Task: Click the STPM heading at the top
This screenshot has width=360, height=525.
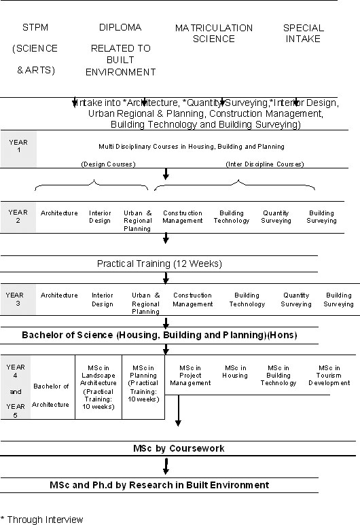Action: (35, 28)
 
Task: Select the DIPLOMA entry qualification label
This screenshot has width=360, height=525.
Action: (120, 28)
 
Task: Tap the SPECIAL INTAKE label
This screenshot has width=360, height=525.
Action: (303, 33)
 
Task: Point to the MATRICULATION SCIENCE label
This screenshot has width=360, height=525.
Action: (214, 33)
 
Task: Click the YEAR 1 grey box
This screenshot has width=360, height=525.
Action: (18, 145)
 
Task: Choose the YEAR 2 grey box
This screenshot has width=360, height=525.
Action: (18, 217)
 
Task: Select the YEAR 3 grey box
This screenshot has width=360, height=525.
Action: (15, 300)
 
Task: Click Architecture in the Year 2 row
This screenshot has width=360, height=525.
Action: (59, 213)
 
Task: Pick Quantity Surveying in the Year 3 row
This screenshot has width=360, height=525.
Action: (295, 300)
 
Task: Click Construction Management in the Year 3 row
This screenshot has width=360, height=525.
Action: (192, 300)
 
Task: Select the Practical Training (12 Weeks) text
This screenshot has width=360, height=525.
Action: (159, 264)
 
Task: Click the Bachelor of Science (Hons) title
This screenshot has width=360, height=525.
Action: (160, 335)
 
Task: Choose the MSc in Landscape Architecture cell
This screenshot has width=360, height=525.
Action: (98, 386)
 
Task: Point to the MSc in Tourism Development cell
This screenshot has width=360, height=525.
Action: (329, 375)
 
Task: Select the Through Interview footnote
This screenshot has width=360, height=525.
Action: (42, 520)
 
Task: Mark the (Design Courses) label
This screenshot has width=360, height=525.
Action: (108, 164)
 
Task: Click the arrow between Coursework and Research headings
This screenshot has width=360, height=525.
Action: (166, 467)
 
